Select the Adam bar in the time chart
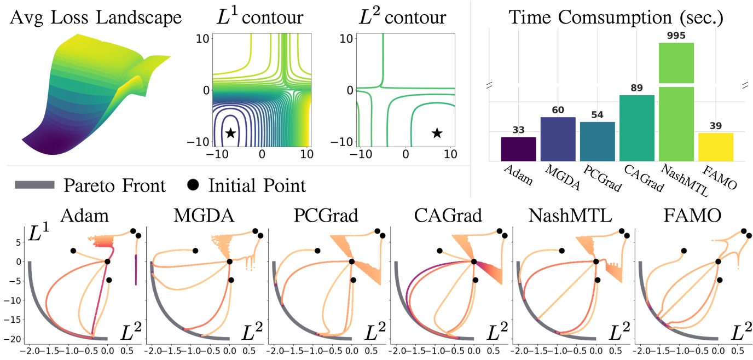click(x=518, y=149)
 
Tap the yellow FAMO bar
click(x=716, y=147)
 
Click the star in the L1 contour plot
click(x=230, y=133)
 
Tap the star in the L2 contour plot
click(x=436, y=133)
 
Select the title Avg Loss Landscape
click(x=95, y=18)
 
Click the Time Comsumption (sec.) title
click(x=616, y=18)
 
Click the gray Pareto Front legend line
click(x=34, y=185)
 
